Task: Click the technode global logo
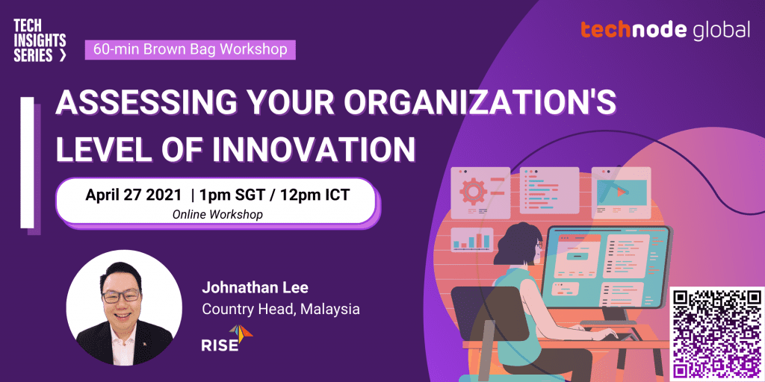pyautogui.click(x=666, y=29)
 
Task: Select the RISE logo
pyautogui.click(x=227, y=338)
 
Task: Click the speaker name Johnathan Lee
pyautogui.click(x=255, y=288)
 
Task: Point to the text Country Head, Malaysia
pyautogui.click(x=281, y=309)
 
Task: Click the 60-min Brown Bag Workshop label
pyautogui.click(x=191, y=50)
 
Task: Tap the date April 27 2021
pyautogui.click(x=134, y=195)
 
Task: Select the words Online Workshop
pyautogui.click(x=217, y=215)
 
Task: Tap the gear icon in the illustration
pyautogui.click(x=473, y=191)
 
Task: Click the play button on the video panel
pyautogui.click(x=621, y=192)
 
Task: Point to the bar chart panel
pyautogui.click(x=472, y=240)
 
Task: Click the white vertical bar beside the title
pyautogui.click(x=28, y=162)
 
